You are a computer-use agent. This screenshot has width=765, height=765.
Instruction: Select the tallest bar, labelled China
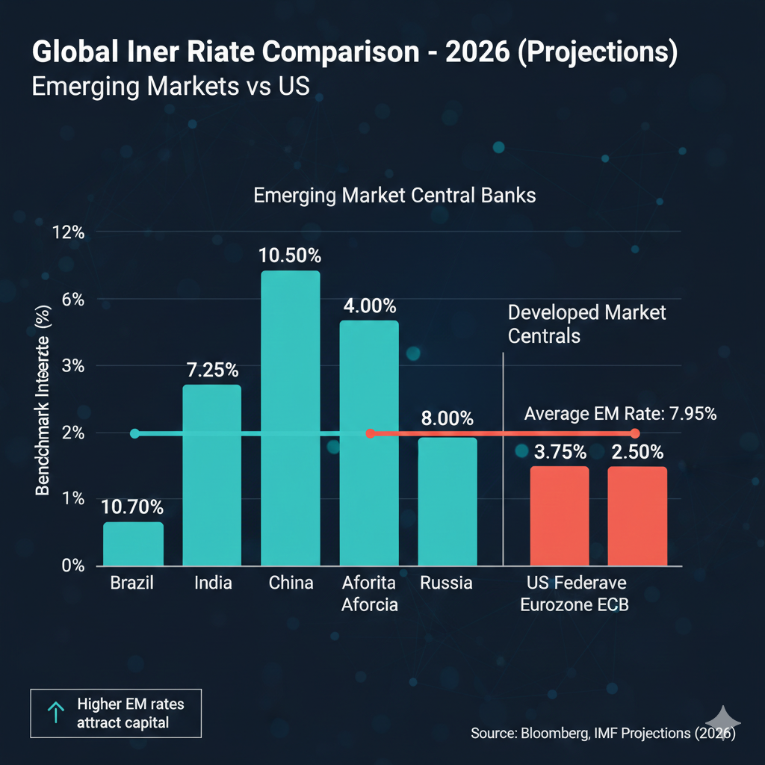pos(291,418)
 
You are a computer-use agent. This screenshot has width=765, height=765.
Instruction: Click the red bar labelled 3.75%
pos(560,516)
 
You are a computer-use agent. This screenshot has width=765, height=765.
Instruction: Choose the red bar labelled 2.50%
pos(637,516)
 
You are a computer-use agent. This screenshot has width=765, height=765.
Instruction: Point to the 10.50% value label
pos(291,255)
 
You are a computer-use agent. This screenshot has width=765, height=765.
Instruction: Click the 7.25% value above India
pos(212,369)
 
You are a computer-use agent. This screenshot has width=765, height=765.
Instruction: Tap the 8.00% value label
pos(447,418)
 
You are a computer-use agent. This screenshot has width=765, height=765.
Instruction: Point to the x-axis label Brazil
pos(131,583)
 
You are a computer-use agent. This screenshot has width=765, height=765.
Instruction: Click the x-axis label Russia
pos(446,583)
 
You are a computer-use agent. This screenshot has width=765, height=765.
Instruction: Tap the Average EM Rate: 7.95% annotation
pos(621,413)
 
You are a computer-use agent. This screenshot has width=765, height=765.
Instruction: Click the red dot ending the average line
pos(635,433)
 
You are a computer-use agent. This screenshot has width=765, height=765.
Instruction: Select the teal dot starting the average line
pos(134,433)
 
